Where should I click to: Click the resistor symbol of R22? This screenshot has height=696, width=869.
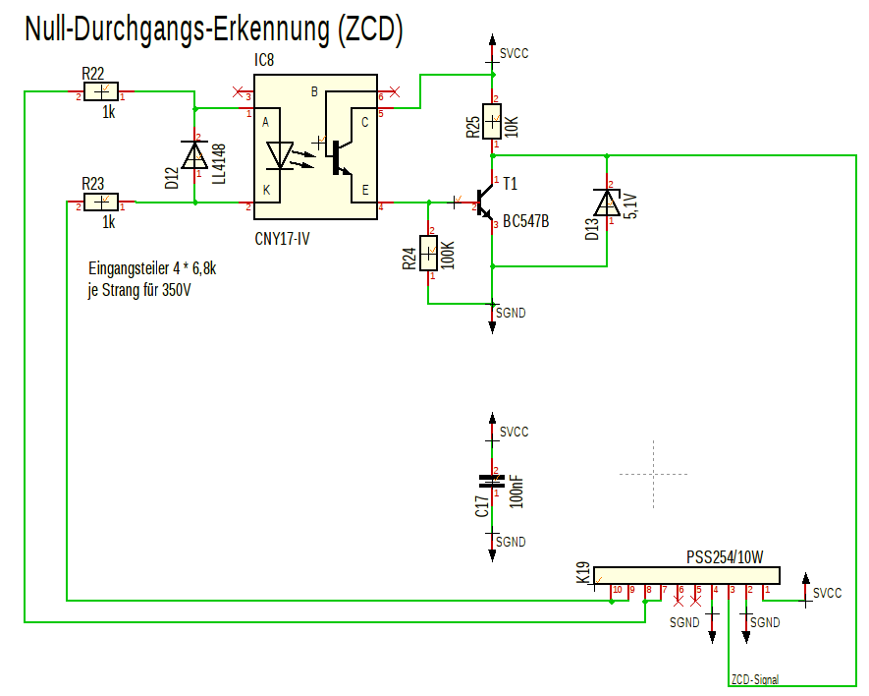click(x=101, y=93)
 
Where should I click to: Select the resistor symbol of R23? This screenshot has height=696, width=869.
click(x=101, y=203)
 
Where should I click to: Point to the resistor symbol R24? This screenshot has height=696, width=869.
click(x=428, y=254)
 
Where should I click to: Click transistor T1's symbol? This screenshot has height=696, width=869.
click(x=486, y=204)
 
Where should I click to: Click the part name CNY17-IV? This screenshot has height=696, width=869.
click(x=283, y=238)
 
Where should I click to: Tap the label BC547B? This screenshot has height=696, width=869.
click(x=525, y=221)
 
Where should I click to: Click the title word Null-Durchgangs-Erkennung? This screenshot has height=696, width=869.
click(x=177, y=30)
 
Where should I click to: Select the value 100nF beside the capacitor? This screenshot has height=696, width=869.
click(x=517, y=490)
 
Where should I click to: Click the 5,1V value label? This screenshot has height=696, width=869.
click(x=629, y=205)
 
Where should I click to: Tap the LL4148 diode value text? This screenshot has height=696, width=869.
click(x=218, y=163)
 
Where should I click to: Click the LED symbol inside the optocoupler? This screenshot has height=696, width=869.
click(x=280, y=154)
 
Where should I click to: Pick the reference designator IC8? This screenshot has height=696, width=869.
click(x=264, y=61)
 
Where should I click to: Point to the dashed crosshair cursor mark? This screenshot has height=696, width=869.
click(x=654, y=473)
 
